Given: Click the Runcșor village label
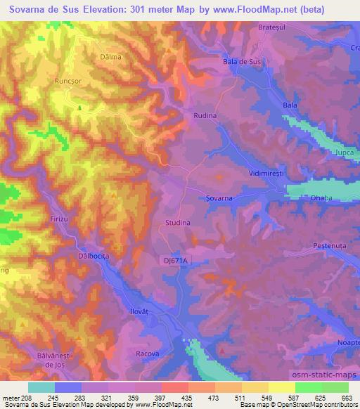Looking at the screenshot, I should (x=68, y=82).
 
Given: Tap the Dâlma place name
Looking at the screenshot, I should (x=110, y=56).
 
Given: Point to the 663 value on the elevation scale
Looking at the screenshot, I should (x=347, y=398).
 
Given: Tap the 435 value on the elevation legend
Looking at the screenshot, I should (x=186, y=398).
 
